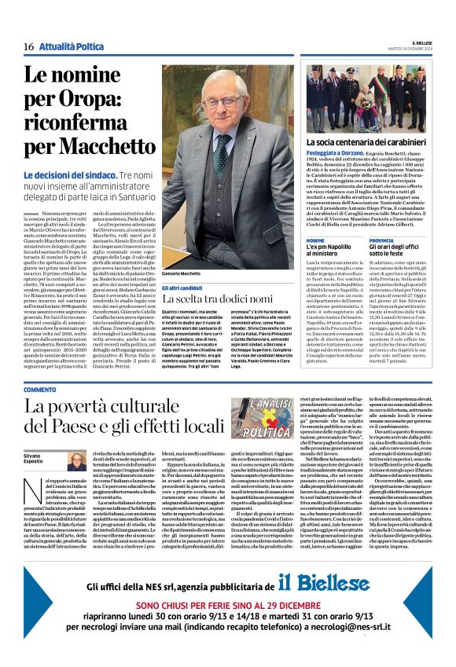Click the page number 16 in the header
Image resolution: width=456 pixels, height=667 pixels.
pos(28,47)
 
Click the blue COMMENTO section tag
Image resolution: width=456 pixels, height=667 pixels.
pos(39,390)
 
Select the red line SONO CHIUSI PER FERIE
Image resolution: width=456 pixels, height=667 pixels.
pos(227,607)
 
